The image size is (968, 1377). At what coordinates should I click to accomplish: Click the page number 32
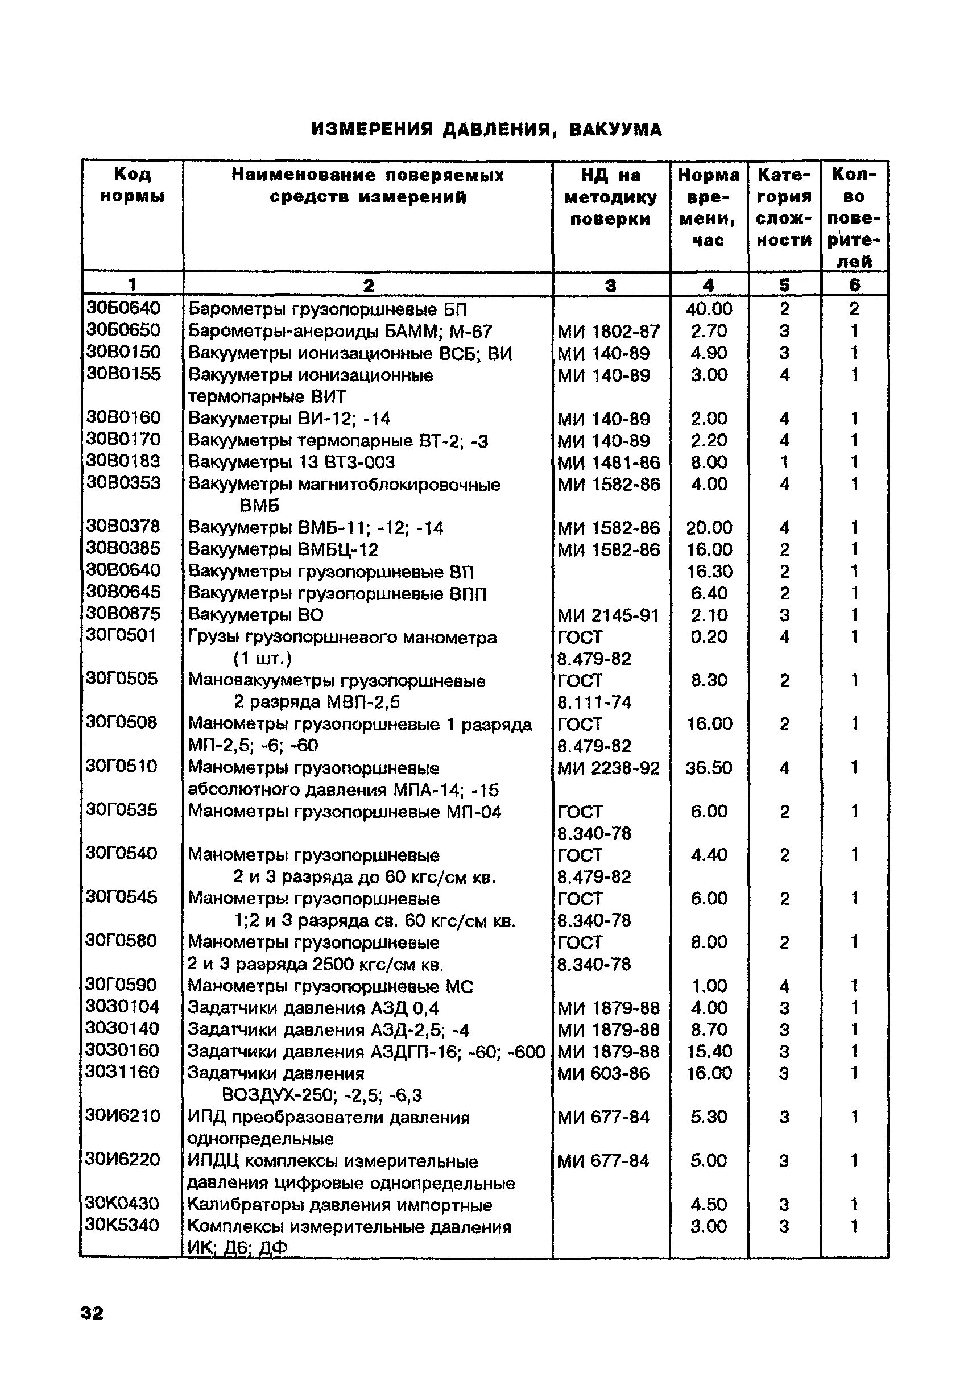(92, 1313)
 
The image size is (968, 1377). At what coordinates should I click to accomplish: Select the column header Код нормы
(133, 185)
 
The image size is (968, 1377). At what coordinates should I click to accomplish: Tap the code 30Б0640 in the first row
(123, 308)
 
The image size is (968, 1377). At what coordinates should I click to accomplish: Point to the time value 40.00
(709, 309)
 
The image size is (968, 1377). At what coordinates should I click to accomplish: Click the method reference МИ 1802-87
(609, 331)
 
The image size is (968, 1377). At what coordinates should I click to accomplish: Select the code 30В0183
(123, 461)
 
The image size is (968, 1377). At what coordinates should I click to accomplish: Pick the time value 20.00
(709, 527)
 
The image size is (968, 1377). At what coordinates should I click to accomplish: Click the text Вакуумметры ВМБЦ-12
(284, 549)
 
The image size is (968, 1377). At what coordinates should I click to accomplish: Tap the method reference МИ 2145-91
(609, 615)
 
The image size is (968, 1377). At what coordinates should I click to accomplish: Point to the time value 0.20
(709, 637)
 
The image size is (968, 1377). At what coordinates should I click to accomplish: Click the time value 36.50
(709, 768)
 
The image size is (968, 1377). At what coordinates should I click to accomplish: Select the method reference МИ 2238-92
(609, 768)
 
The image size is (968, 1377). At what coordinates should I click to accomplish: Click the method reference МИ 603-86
(603, 1073)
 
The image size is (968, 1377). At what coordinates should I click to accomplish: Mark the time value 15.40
(709, 1051)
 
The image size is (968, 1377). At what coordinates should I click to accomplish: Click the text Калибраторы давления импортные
(340, 1205)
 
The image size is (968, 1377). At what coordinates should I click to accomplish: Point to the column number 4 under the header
(709, 285)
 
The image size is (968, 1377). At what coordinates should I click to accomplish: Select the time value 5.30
(709, 1117)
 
